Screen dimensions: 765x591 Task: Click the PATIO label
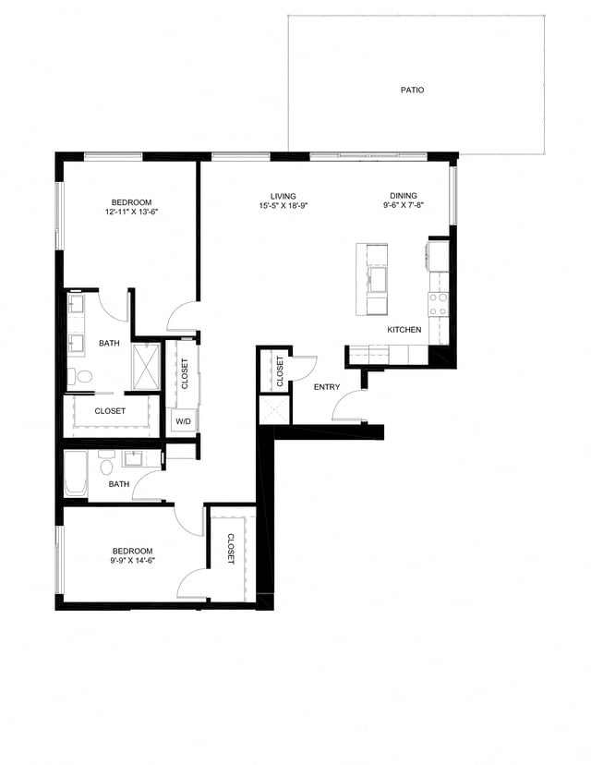point(412,91)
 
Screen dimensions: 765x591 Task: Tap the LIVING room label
point(283,196)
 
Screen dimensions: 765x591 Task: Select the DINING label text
point(403,196)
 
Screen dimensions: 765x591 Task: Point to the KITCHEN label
point(404,330)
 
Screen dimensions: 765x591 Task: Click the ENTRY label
point(327,387)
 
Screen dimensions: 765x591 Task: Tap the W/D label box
point(184,421)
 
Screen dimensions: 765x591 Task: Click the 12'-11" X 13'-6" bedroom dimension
point(131,212)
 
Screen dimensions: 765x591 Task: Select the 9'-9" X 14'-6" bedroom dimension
point(131,561)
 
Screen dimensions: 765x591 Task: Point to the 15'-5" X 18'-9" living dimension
point(283,206)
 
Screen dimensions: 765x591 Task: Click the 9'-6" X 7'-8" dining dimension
point(403,206)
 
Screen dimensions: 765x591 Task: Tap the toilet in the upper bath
point(81,377)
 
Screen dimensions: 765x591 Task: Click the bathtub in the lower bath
point(75,476)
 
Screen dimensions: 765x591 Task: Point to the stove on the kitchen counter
point(438,305)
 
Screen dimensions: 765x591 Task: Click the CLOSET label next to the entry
point(281,370)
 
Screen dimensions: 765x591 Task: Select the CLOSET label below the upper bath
point(110,411)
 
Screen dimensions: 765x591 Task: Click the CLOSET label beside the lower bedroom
point(231,549)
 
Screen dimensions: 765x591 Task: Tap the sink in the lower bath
point(133,459)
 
